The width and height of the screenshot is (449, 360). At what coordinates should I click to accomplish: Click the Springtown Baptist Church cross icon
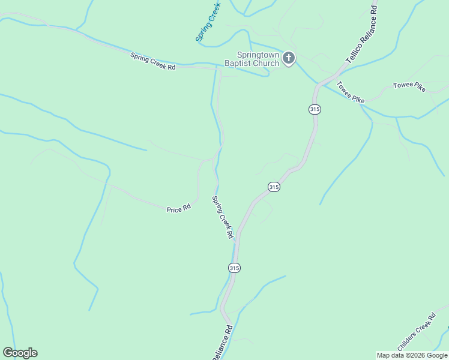click(x=289, y=58)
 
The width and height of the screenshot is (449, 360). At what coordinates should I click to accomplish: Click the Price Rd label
click(x=178, y=209)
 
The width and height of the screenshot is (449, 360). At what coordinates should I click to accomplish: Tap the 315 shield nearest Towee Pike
click(x=315, y=109)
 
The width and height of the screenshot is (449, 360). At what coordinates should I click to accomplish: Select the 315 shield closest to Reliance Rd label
click(x=234, y=268)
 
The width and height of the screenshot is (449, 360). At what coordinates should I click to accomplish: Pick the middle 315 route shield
click(x=274, y=187)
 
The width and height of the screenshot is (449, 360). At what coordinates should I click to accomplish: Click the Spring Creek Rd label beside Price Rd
click(x=222, y=217)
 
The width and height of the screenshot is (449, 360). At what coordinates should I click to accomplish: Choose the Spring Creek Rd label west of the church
click(x=152, y=61)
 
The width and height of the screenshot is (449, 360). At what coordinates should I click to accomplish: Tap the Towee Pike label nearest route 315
click(x=351, y=92)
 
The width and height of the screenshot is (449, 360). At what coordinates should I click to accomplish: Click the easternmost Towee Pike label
click(x=409, y=86)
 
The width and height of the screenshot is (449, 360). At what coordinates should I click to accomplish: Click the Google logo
click(x=20, y=353)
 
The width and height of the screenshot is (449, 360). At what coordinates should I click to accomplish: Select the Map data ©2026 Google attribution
click(x=412, y=355)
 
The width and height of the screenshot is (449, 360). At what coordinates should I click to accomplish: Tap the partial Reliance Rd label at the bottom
click(x=221, y=343)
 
